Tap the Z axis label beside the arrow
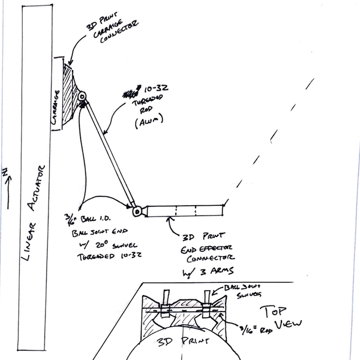click(x=5, y=172)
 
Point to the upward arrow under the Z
click(x=8, y=193)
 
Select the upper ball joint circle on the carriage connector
click(x=82, y=96)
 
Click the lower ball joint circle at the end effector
click(x=137, y=211)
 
